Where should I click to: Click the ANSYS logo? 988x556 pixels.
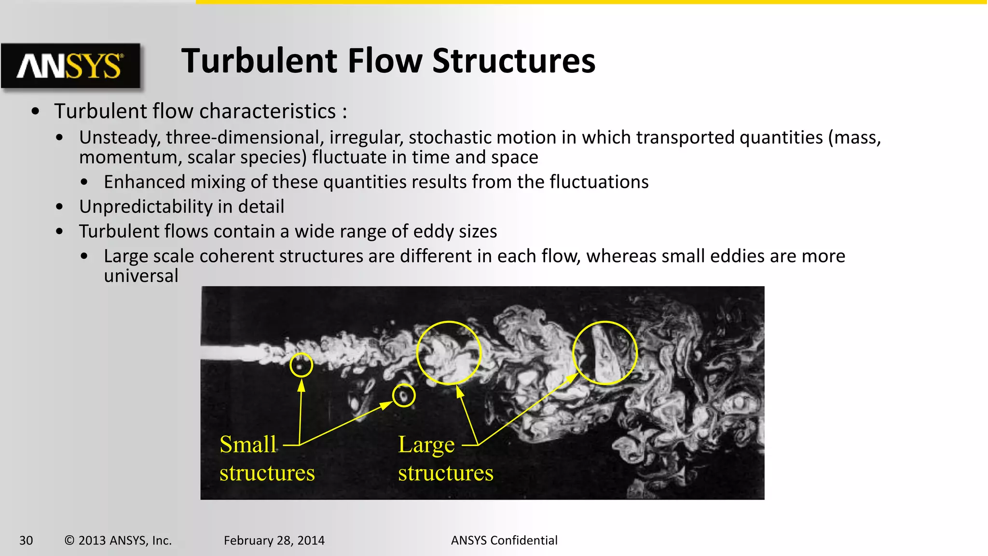point(70,66)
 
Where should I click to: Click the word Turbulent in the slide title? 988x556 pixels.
point(259,61)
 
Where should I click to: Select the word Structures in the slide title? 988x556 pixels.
point(514,61)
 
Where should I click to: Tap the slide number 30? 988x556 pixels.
point(26,541)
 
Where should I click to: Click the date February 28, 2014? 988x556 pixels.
point(274,541)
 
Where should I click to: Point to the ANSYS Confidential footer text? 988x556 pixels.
point(504,541)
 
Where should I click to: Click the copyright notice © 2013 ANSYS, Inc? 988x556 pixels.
point(118,541)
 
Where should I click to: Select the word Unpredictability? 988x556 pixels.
point(145,207)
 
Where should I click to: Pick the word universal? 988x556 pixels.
point(141,276)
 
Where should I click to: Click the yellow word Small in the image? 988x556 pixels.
point(248,445)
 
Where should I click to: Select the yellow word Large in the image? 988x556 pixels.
point(426,445)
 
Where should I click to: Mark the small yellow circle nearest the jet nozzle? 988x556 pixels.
point(301,365)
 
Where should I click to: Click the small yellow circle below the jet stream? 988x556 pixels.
point(403,396)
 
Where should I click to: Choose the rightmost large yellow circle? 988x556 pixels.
point(605,353)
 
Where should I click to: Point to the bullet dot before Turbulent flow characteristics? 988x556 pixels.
point(35,111)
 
